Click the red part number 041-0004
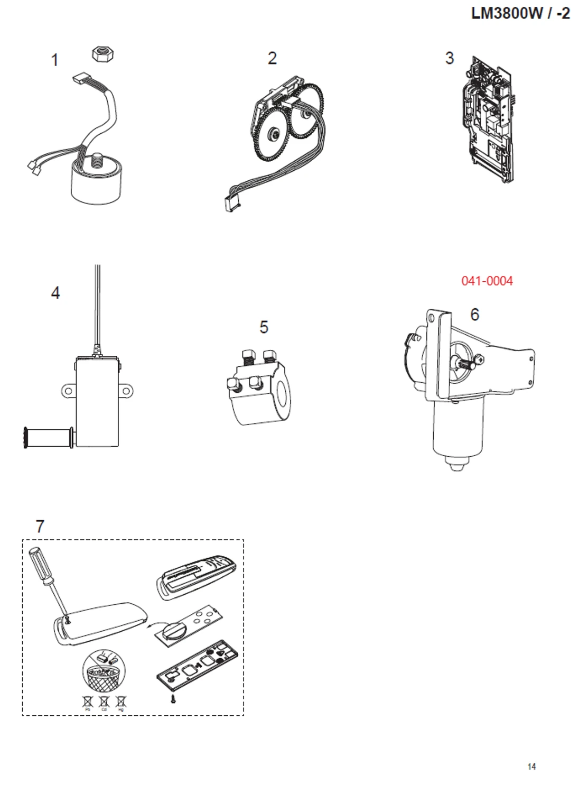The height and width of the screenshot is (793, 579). click(487, 281)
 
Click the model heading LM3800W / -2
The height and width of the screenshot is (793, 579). click(520, 13)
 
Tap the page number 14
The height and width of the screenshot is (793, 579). click(531, 766)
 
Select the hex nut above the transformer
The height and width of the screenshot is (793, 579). click(104, 53)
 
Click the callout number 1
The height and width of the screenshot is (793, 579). click(54, 60)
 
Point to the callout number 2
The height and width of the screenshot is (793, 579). click(272, 58)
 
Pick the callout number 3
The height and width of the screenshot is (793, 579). click(450, 58)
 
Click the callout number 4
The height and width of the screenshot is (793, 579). click(55, 292)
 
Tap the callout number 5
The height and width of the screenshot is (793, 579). click(264, 327)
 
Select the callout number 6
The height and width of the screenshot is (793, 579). click(474, 315)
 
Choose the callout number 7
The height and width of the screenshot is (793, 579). click(40, 526)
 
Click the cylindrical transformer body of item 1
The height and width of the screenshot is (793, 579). click(96, 183)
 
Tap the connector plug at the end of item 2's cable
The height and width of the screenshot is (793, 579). click(232, 202)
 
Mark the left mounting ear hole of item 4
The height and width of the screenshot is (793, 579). click(68, 391)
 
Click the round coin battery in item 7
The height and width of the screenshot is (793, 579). click(174, 630)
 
